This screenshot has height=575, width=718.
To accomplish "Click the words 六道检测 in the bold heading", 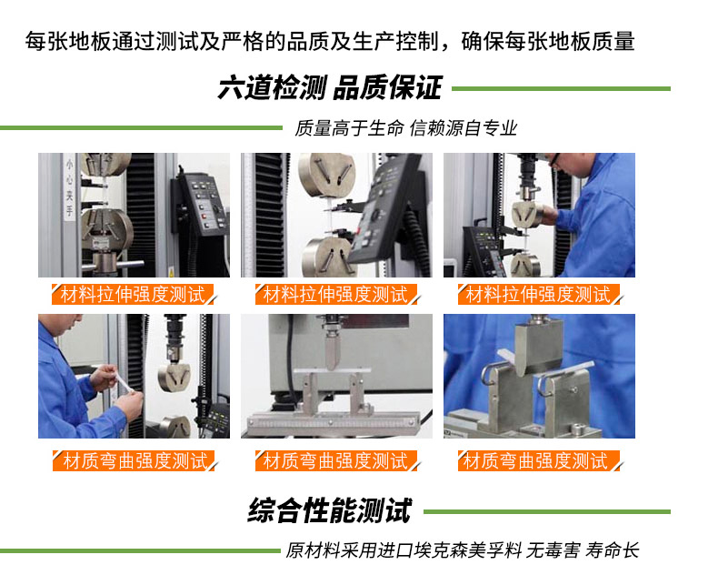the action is [272, 87].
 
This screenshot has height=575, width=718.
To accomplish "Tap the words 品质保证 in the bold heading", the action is [387, 87].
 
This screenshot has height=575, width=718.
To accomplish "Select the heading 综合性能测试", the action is [330, 510].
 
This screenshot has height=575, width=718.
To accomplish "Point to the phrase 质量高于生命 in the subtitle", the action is [349, 128].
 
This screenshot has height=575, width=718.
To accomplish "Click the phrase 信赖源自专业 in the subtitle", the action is [463, 128].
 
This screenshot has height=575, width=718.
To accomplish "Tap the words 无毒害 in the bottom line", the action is [553, 550].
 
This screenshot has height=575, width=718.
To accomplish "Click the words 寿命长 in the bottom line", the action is [612, 550].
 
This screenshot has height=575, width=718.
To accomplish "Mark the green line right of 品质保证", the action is [561, 88].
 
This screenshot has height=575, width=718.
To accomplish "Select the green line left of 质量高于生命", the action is [141, 128].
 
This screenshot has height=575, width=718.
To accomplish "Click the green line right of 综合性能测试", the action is [547, 511].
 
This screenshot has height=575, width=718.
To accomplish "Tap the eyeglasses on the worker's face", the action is [554, 159].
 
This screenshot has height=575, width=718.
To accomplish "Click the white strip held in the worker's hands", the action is [123, 382].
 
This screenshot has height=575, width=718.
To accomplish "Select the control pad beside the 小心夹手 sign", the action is [201, 204].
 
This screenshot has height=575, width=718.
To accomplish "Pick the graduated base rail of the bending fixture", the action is [333, 423].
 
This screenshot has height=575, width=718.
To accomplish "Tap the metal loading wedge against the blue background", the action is [538, 348].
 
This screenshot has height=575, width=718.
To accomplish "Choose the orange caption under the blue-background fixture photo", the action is [538, 461].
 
